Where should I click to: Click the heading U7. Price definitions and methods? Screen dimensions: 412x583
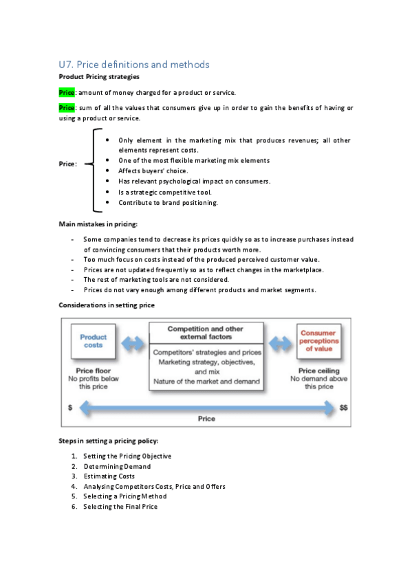point(134,65)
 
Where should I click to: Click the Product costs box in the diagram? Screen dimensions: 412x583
point(93,342)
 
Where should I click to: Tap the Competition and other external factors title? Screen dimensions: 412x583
point(205,333)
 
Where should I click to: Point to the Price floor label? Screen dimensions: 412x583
point(93,370)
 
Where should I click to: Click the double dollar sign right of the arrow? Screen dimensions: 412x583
point(344,408)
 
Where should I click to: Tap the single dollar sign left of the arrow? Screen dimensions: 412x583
point(70,408)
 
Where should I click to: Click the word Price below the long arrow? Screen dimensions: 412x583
point(206,419)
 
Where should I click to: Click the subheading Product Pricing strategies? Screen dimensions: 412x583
point(99,76)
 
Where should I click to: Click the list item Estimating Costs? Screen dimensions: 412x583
point(110,476)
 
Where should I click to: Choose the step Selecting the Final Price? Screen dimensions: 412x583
point(120,507)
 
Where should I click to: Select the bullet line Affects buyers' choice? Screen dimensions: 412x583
point(153,170)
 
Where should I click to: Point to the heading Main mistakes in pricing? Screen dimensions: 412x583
point(98,224)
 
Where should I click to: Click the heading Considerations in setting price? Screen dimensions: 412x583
point(107,305)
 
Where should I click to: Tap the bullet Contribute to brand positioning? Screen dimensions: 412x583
point(168,203)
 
